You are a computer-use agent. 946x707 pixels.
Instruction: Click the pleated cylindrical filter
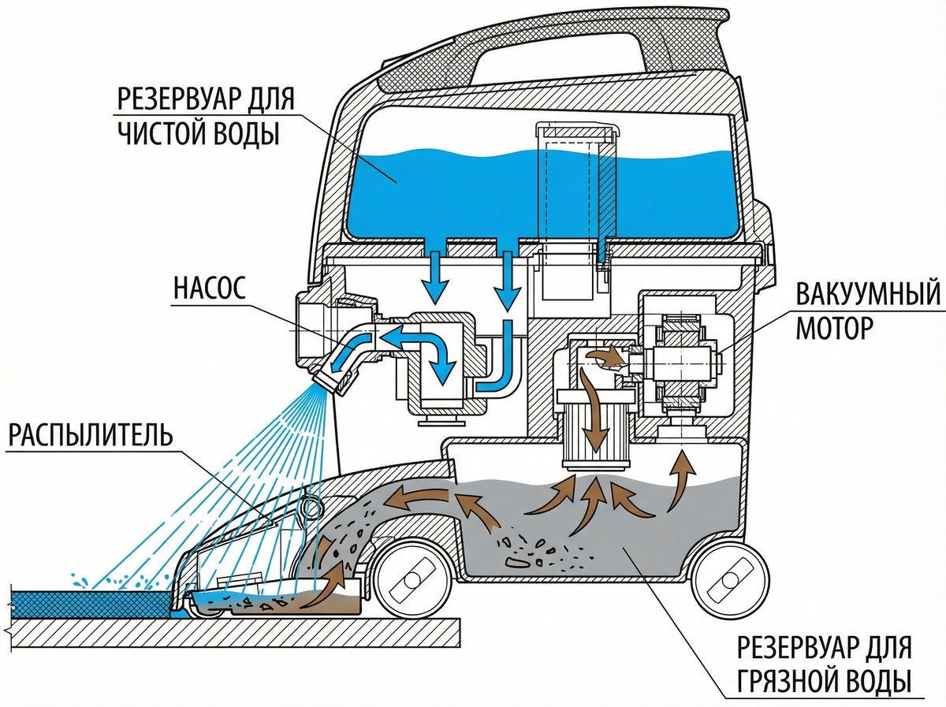click(x=595, y=432)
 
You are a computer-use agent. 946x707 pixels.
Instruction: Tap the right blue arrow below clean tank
click(x=508, y=280)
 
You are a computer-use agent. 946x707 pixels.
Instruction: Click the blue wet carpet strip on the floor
click(x=91, y=601)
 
